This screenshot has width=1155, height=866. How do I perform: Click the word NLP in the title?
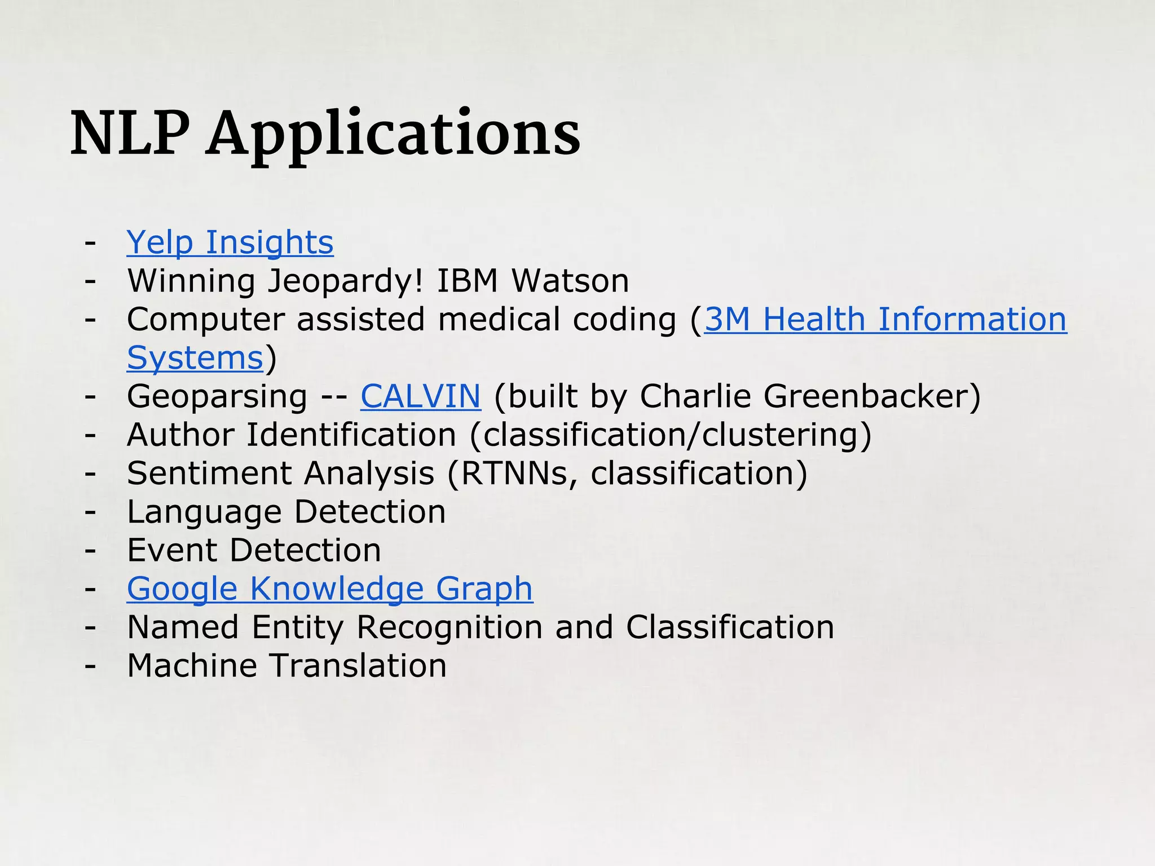tap(129, 134)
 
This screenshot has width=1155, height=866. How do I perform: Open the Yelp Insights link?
tap(230, 242)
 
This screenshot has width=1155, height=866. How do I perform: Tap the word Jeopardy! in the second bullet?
tap(345, 281)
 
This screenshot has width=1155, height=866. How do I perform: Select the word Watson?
tap(570, 281)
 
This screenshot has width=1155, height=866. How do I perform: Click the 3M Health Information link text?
tap(885, 319)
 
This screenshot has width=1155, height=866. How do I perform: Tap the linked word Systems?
tap(195, 358)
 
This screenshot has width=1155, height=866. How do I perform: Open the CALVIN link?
tap(421, 396)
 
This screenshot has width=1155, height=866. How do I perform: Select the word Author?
tap(180, 435)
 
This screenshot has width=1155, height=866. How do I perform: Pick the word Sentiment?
tap(209, 474)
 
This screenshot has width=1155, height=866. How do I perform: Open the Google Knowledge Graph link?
tap(330, 589)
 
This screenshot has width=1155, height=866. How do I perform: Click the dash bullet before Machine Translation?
tap(90, 666)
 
